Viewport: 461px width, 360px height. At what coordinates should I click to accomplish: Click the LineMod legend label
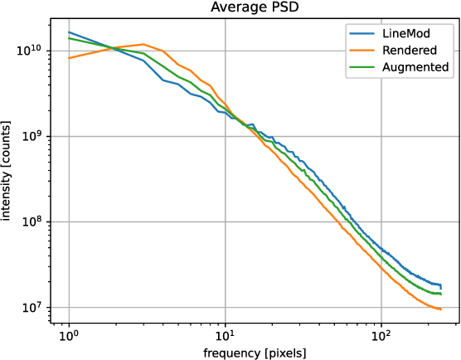407,34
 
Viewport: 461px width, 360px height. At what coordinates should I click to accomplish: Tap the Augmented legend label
415,66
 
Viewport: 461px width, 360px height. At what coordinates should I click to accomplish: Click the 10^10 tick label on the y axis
36,51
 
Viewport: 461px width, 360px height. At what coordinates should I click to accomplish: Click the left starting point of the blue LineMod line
69,32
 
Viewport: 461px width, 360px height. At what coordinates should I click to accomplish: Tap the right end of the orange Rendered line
440,309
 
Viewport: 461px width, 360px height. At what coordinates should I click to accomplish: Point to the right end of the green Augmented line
440,293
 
